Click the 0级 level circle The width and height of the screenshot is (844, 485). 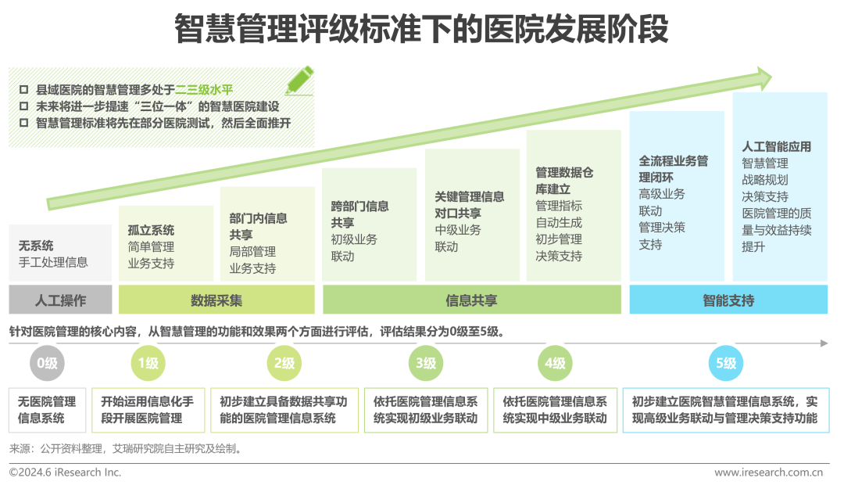(48, 363)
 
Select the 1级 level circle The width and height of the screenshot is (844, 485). (148, 363)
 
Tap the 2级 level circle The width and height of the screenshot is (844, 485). (284, 363)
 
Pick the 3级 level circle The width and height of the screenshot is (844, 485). (426, 363)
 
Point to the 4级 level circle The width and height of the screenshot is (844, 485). (555, 363)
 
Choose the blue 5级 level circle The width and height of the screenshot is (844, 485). (726, 363)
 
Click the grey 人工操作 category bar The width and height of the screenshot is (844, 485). (61, 300)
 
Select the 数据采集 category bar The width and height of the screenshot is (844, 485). (216, 300)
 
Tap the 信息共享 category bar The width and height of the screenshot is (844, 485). (471, 300)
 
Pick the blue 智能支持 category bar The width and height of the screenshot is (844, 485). (728, 300)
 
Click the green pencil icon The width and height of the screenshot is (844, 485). (299, 80)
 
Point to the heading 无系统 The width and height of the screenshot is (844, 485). (37, 246)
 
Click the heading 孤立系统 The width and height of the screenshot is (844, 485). (151, 230)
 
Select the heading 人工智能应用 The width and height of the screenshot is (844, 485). (776, 146)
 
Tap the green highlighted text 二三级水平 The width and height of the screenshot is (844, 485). (204, 90)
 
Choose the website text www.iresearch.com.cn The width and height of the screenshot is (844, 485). (769, 472)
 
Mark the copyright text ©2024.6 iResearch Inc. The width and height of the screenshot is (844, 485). (65, 472)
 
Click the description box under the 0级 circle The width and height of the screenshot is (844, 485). (48, 410)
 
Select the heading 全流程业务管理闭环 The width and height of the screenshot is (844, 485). (673, 168)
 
